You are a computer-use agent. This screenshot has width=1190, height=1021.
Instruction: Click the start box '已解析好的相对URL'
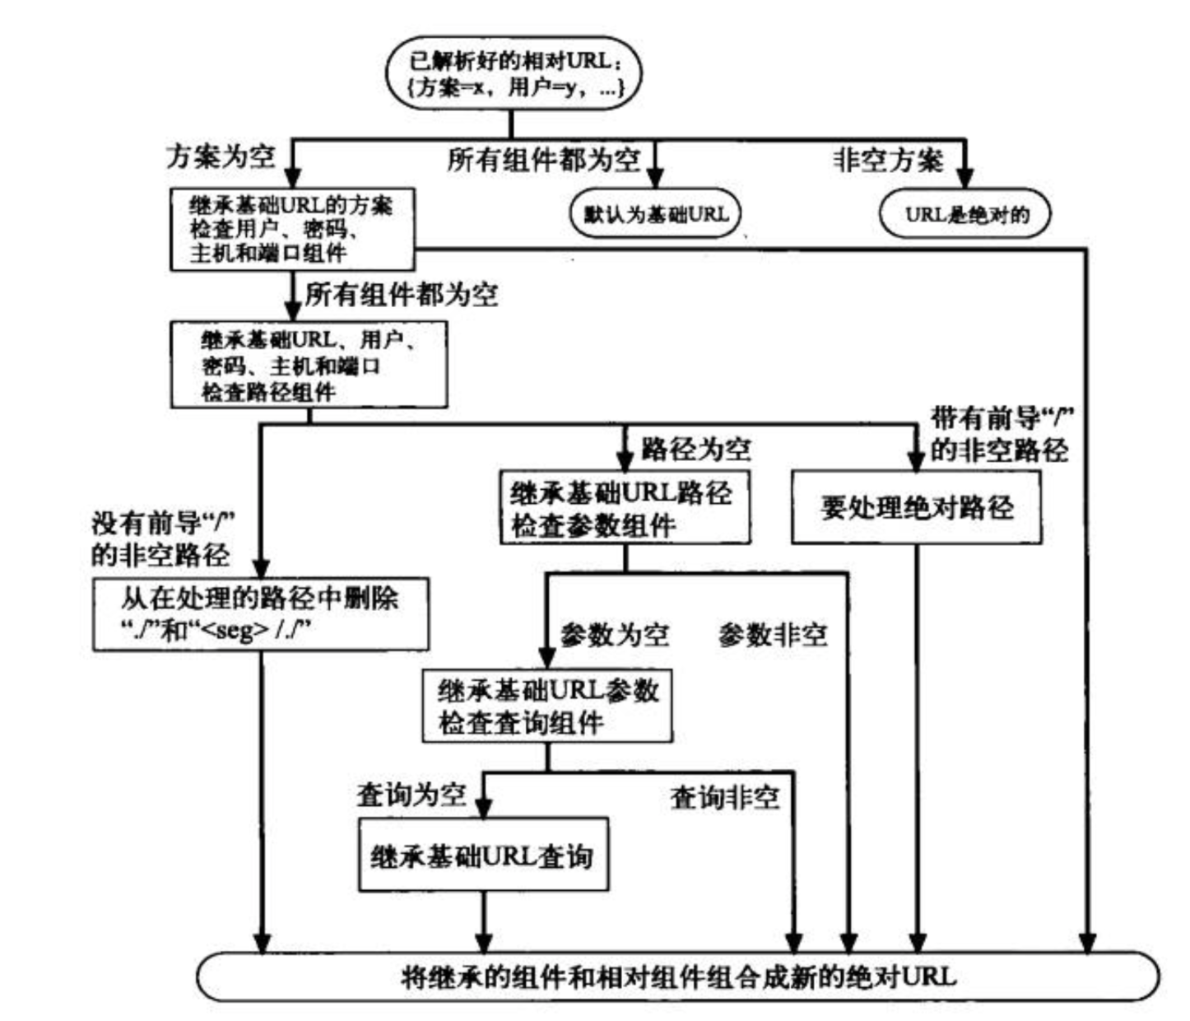514,74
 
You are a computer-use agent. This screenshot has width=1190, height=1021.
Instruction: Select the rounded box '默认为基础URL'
655,214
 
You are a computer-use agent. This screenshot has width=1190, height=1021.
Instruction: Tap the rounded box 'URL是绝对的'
965,214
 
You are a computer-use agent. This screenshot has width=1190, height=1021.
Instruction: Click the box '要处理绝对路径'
917,508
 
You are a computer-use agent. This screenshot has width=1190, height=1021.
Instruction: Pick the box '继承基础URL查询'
484,855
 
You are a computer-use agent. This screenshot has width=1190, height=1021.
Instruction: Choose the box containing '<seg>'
261,615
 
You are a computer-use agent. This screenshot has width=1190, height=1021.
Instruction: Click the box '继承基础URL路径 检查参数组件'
625,508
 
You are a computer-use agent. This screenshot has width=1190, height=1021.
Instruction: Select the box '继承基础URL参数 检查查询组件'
547,706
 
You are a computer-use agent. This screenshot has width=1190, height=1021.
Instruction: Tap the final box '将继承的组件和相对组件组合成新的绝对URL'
678,976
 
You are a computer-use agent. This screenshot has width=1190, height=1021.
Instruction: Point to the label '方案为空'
221,156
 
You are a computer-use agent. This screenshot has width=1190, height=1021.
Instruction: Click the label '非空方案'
888,160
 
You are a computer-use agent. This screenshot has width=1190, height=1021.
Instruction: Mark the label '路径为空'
696,449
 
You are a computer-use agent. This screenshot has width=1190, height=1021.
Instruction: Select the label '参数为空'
615,635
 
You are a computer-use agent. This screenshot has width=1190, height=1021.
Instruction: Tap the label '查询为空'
411,795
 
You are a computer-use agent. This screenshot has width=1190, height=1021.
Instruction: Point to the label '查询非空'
725,798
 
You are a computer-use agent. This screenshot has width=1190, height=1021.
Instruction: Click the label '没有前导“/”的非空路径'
163,539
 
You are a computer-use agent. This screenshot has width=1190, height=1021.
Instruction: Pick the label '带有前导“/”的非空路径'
1002,434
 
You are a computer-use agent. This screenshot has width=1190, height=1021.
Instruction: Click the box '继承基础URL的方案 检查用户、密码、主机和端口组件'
292,230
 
